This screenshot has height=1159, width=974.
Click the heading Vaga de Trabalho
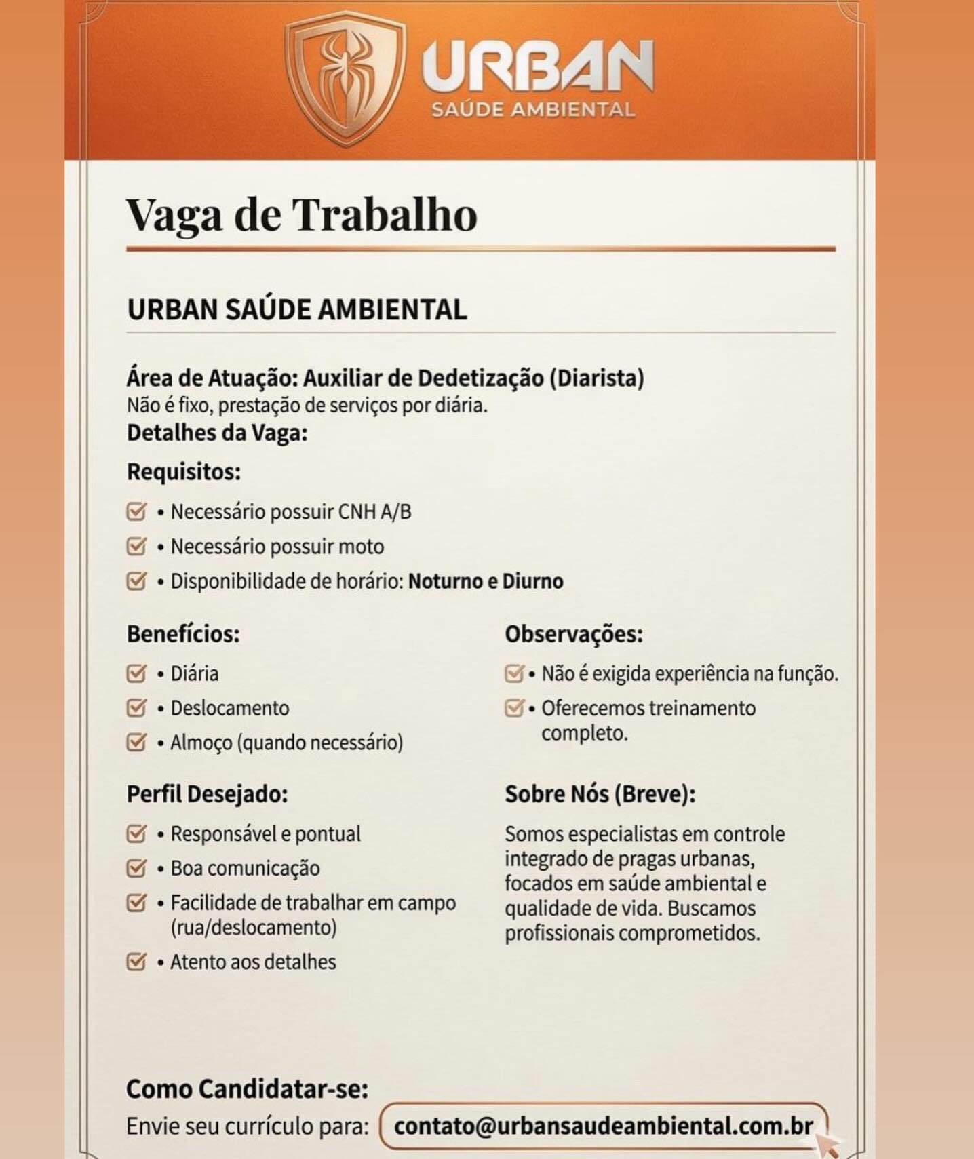(x=302, y=215)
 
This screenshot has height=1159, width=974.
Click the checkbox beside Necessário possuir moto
(x=136, y=546)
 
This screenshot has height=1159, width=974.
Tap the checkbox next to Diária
(x=136, y=673)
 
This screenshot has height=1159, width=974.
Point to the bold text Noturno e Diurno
(x=486, y=581)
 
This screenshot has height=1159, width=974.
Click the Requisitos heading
(x=184, y=471)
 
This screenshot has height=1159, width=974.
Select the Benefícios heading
(x=183, y=634)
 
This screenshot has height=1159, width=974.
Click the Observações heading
(x=573, y=634)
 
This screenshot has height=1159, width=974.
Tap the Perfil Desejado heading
(x=207, y=794)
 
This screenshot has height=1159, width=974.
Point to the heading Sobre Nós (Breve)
(x=600, y=794)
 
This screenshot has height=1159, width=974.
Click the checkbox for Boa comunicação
(x=136, y=868)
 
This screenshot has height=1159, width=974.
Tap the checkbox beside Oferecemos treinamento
(x=514, y=708)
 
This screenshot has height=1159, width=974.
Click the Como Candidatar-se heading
(x=247, y=1089)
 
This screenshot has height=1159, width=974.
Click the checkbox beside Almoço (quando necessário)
(x=136, y=743)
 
